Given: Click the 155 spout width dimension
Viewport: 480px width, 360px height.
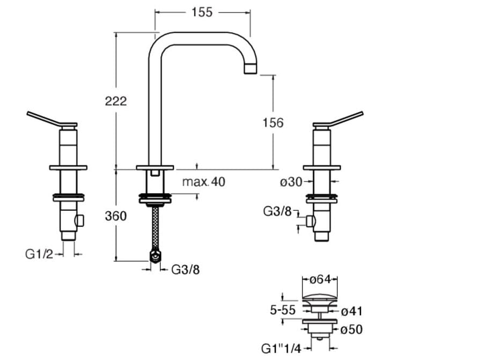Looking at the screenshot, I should pyautogui.click(x=202, y=12).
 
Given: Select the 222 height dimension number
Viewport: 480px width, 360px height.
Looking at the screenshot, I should pyautogui.click(x=116, y=100).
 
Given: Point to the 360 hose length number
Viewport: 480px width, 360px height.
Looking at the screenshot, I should pyautogui.click(x=116, y=216).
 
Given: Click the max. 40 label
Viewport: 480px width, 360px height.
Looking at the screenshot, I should pyautogui.click(x=203, y=182).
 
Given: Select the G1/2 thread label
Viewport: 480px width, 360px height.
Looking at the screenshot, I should pyautogui.click(x=39, y=253).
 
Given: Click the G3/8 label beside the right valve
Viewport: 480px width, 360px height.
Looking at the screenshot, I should pyautogui.click(x=277, y=211).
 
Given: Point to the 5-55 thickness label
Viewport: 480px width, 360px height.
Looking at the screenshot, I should pyautogui.click(x=283, y=311).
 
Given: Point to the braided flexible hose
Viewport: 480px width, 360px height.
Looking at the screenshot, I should pyautogui.click(x=156, y=228).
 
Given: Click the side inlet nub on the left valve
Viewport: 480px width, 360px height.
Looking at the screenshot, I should pyautogui.click(x=80, y=220).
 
